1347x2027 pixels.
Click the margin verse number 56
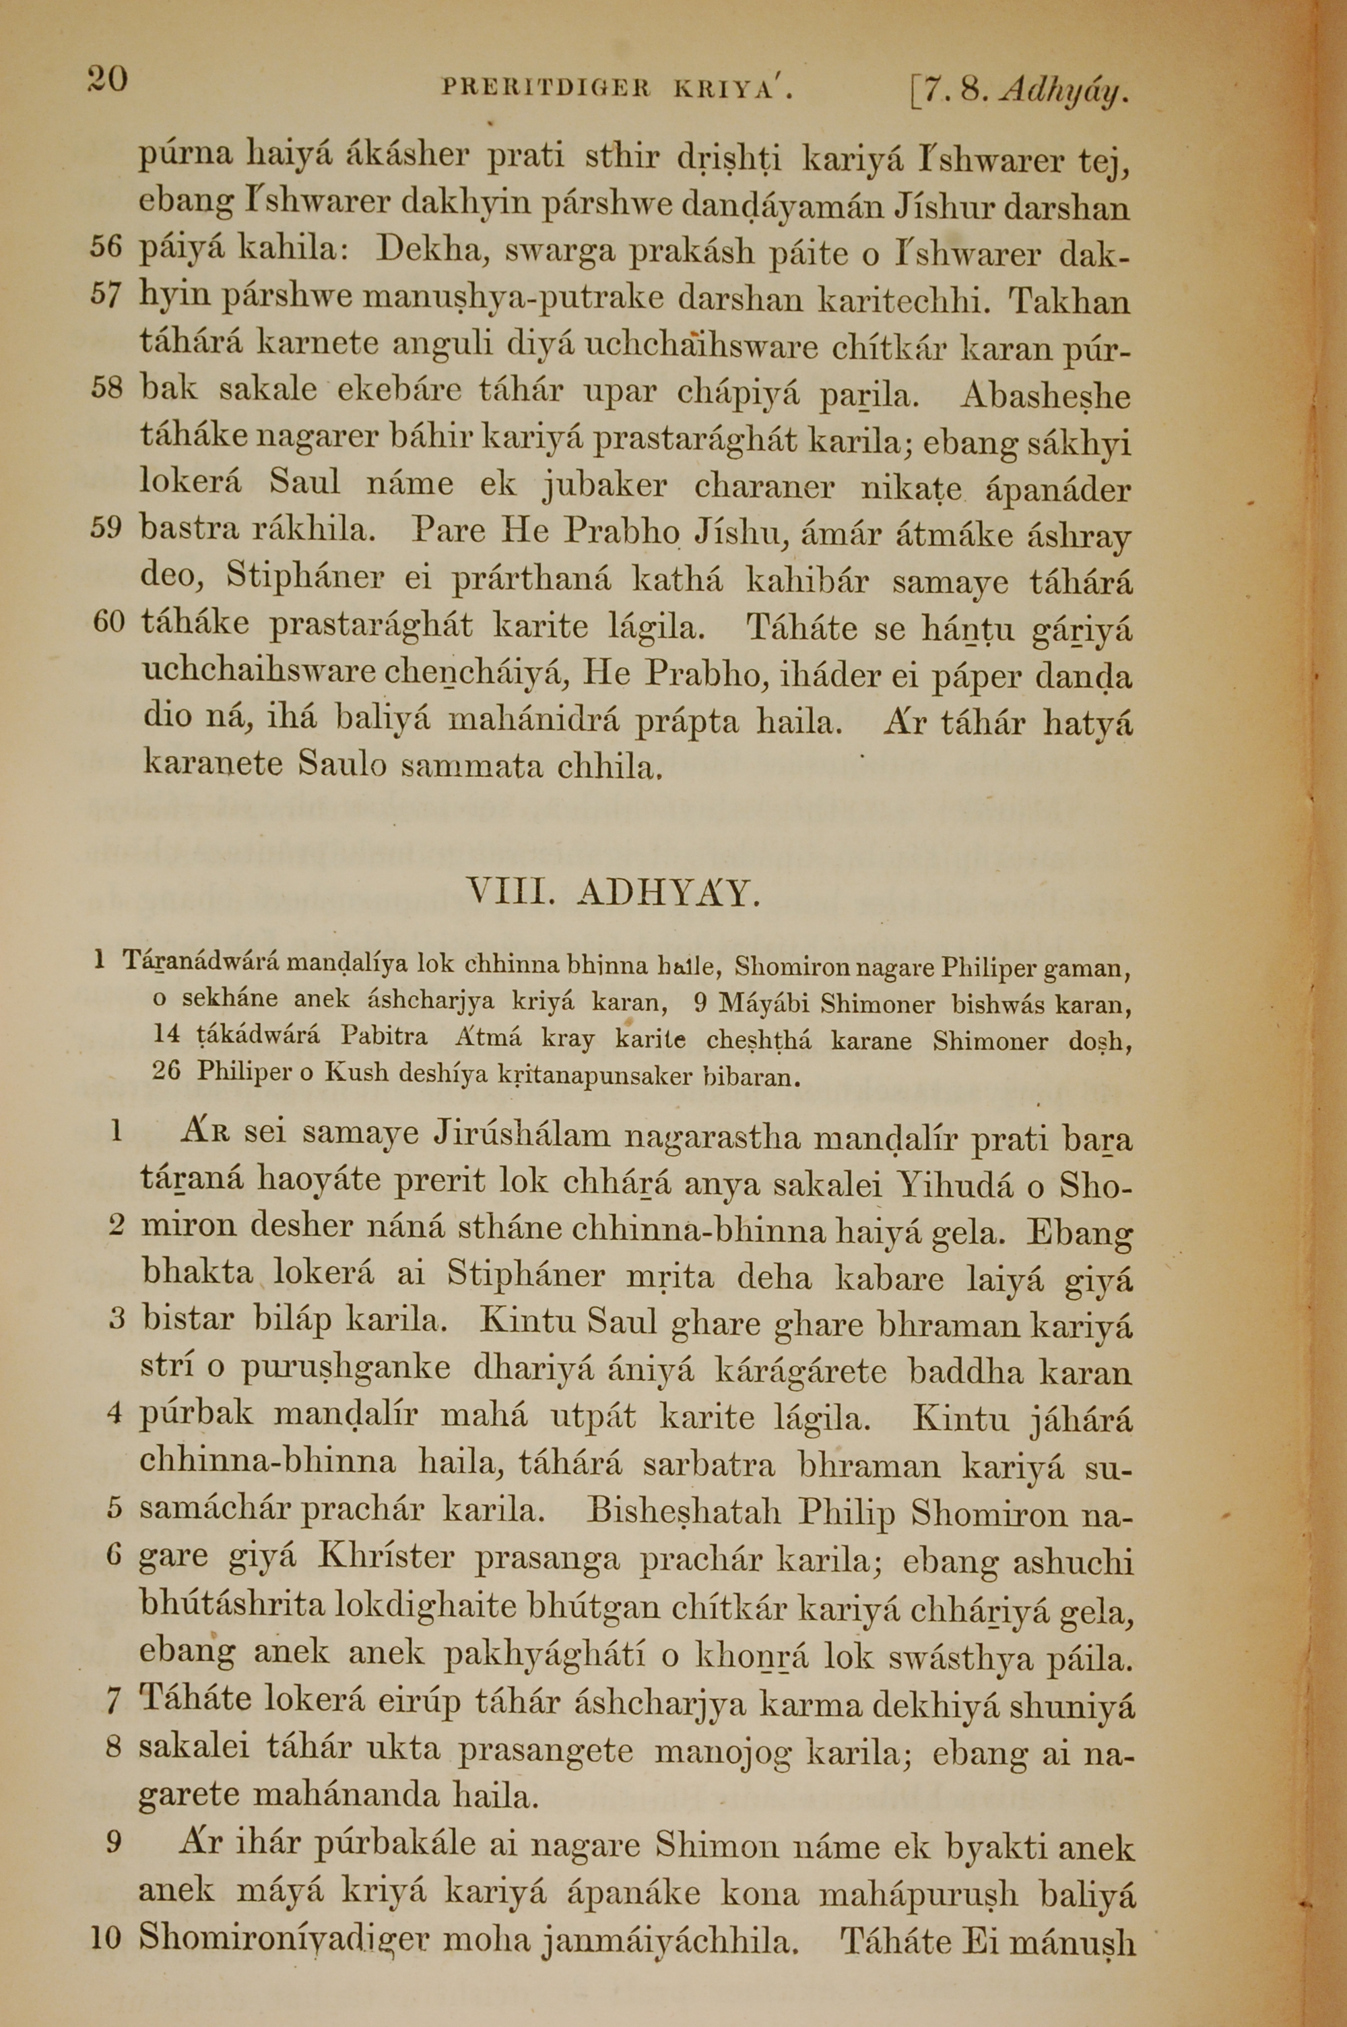[x=107, y=249]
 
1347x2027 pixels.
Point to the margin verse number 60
[x=108, y=622]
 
